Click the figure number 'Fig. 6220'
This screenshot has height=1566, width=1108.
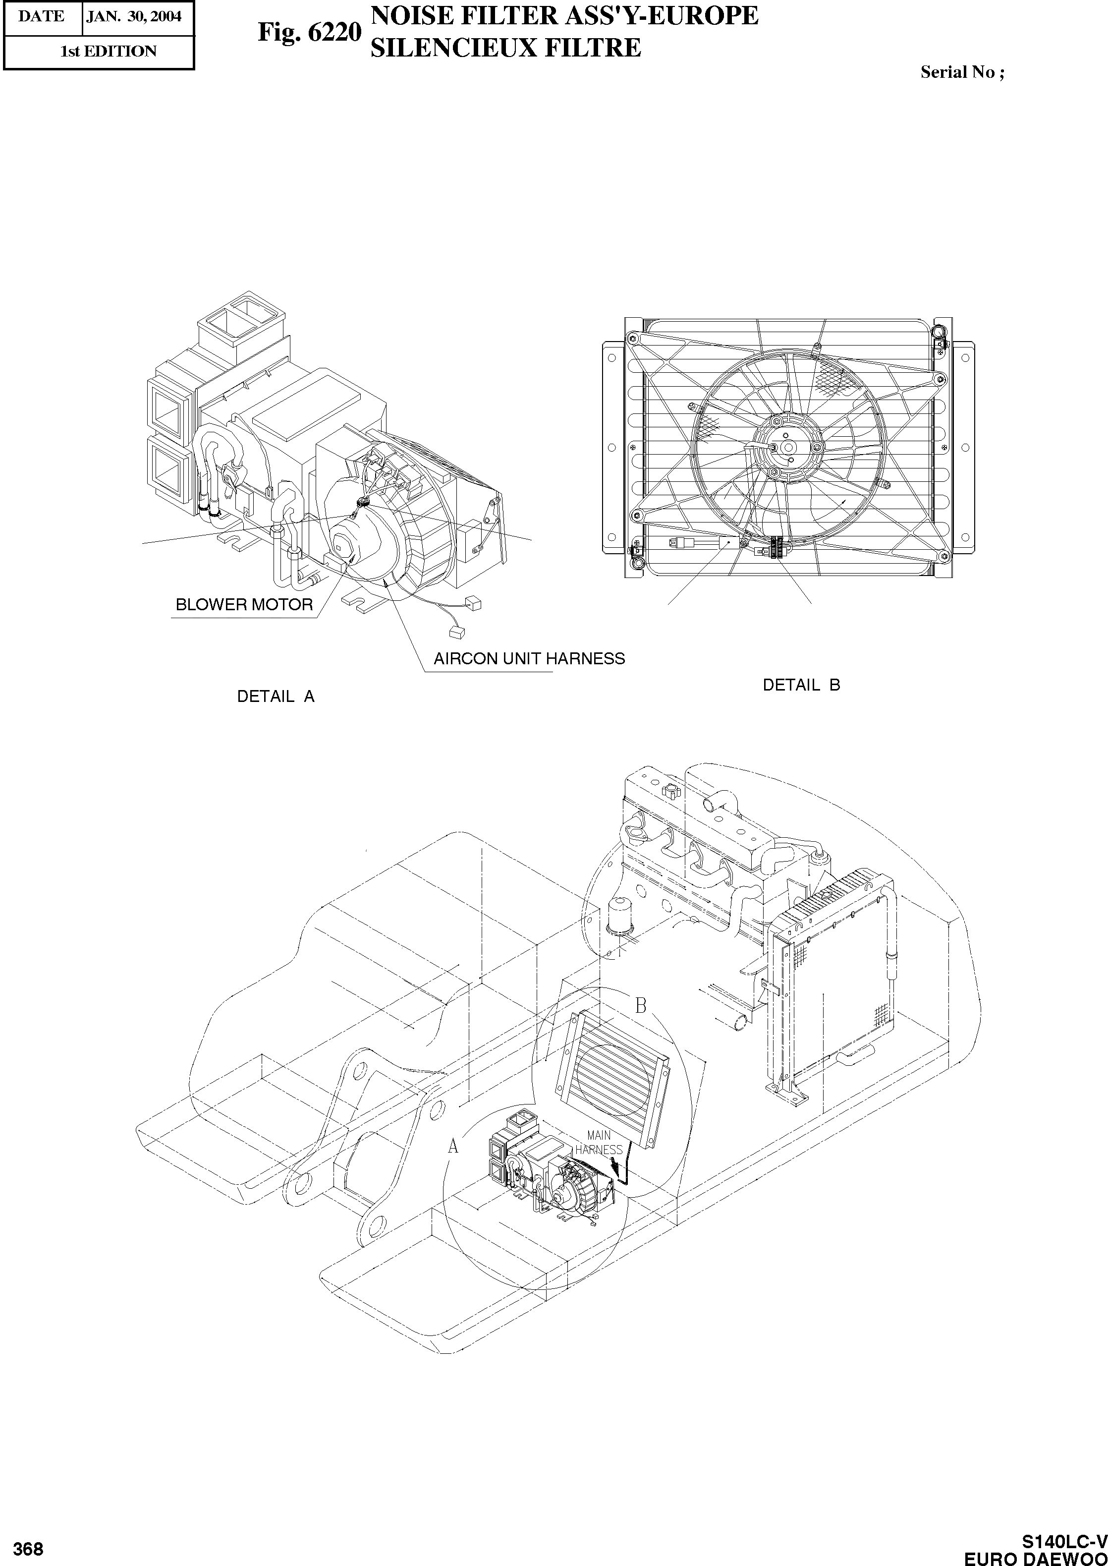[x=308, y=32]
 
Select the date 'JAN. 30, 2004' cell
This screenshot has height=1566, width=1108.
[x=134, y=16]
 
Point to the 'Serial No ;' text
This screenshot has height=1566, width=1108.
[x=962, y=72]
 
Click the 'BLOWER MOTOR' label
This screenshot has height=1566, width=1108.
[x=244, y=605]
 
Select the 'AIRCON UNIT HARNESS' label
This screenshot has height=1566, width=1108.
[x=529, y=658]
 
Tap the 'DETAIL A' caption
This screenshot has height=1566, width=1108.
[x=276, y=696]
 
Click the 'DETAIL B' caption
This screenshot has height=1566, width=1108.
[x=801, y=685]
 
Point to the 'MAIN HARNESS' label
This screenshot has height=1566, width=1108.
[x=598, y=1142]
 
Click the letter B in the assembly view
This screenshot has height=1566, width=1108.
[x=641, y=1005]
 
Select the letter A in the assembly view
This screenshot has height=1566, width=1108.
[x=453, y=1147]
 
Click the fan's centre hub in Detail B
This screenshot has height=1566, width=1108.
[x=787, y=446]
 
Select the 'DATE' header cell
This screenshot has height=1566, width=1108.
[x=42, y=16]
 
